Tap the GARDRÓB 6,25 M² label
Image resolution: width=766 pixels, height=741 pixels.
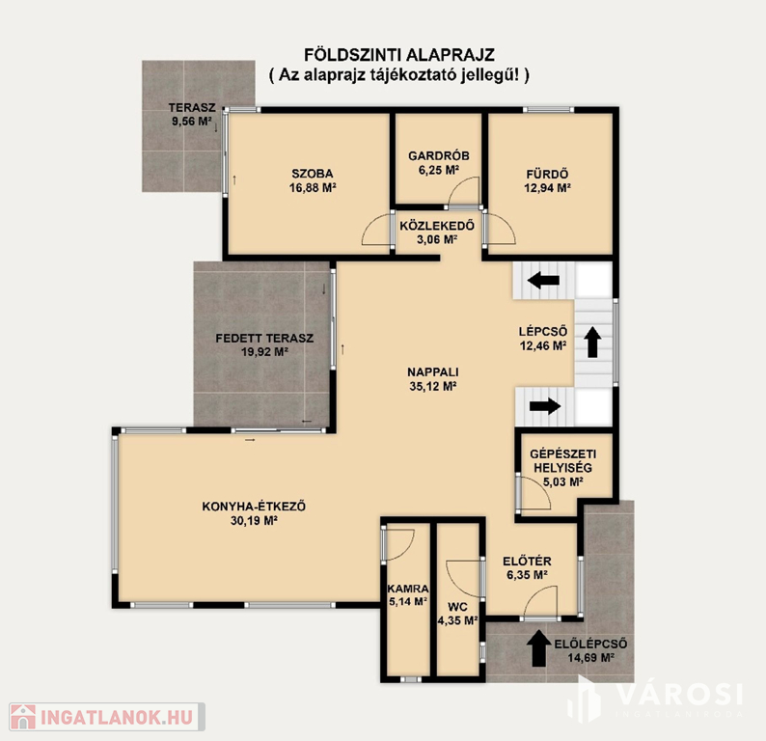(x=439, y=163)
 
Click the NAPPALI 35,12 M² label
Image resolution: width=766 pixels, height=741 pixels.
(x=433, y=379)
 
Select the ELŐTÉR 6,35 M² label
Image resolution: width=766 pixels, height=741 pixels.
(x=527, y=567)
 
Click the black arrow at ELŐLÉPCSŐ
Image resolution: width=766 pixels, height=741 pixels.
(x=538, y=648)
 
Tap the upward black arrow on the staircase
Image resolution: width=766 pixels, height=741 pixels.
(x=593, y=342)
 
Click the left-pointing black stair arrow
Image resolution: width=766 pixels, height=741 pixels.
(x=543, y=280)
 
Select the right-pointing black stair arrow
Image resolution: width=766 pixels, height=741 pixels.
(x=545, y=405)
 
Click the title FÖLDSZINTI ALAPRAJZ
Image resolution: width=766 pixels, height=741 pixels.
(x=399, y=55)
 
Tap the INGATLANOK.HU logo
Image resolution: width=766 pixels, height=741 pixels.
(x=106, y=717)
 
